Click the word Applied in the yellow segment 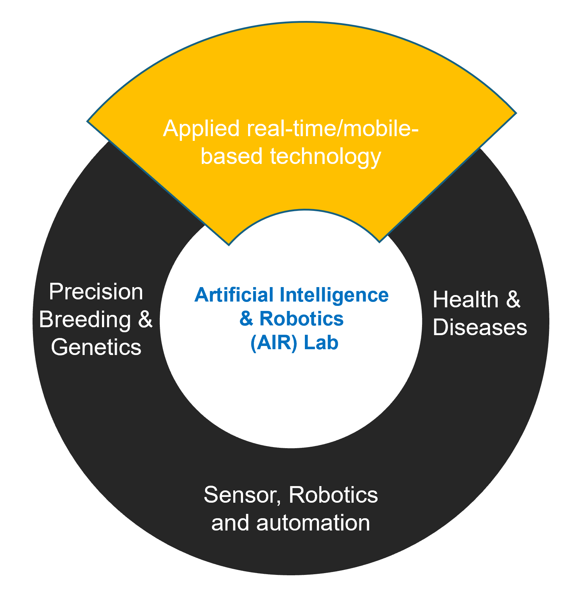pos(201,129)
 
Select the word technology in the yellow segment pos(325,157)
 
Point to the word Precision pos(96,292)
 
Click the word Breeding pos(85,320)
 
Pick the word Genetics pos(96,347)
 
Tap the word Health pos(465,300)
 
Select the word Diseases pos(480,328)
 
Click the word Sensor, pos(242,495)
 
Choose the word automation pos(313,523)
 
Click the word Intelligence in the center pos(334,295)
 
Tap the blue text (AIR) pos(274,343)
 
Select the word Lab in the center pos(321,343)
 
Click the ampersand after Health pos(513,300)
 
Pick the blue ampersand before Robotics pos(246,319)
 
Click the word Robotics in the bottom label pos(333,495)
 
